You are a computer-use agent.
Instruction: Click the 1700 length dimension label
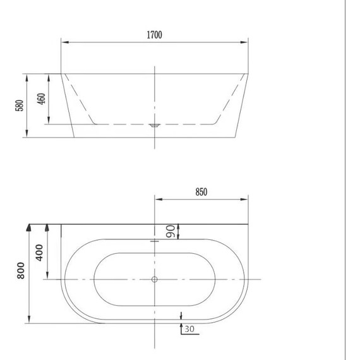coord(155,35)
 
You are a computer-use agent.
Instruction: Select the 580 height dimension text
coord(20,105)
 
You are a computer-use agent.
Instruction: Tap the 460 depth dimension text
coord(41,99)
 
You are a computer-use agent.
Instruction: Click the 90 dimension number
coord(170,232)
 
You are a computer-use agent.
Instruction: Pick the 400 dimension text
coord(40,253)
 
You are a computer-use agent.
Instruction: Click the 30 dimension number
coord(189,328)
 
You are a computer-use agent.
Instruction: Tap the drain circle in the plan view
coord(155,279)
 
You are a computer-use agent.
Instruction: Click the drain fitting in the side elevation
coord(155,125)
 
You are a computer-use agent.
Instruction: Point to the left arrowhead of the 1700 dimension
coord(64,42)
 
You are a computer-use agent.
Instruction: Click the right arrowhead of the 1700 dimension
coord(247,42)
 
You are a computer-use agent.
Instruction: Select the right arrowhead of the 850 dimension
coord(247,200)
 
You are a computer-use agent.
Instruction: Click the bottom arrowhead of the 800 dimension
coord(29,320)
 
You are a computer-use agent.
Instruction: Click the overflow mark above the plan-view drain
coord(155,241)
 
